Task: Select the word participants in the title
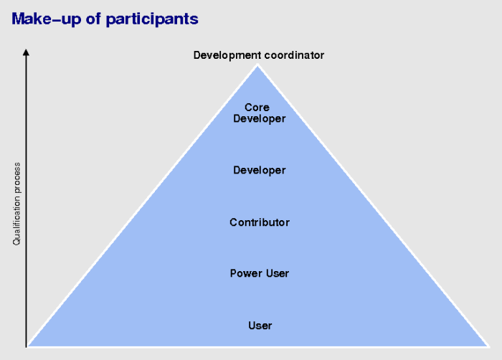tap(152, 19)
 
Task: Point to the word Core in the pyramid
tap(257, 108)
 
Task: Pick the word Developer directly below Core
tap(260, 119)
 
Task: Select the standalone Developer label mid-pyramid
tap(260, 171)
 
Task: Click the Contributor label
tap(260, 222)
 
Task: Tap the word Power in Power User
tap(245, 273)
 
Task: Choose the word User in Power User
tap(278, 273)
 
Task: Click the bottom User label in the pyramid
tap(260, 326)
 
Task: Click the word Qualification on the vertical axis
tap(16, 220)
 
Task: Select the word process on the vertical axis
tap(16, 178)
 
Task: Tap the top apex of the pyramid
tap(257, 65)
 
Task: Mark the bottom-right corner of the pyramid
tap(488, 346)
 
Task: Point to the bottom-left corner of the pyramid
tap(27, 346)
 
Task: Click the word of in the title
tap(93, 19)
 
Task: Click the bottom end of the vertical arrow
tap(27, 347)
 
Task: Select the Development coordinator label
tap(259, 55)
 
